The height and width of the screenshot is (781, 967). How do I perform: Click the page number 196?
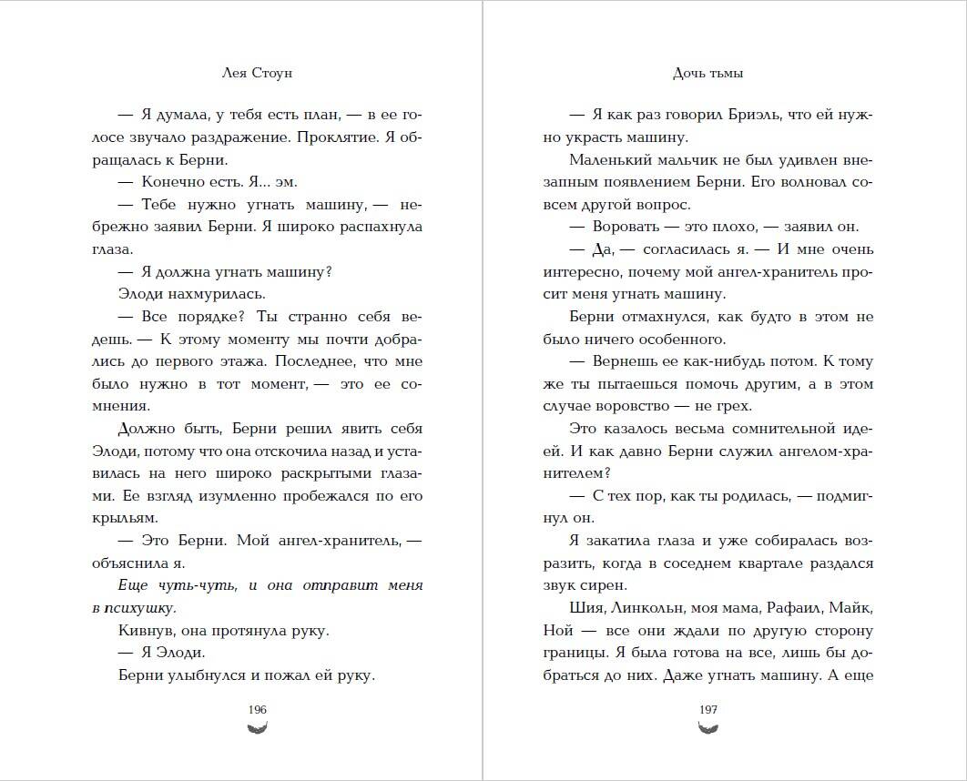click(257, 710)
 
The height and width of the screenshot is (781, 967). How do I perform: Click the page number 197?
click(708, 710)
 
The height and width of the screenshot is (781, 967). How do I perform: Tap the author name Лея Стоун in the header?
click(257, 73)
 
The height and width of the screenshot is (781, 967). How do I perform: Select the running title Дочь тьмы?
click(708, 73)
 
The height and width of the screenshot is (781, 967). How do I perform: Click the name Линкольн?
click(646, 608)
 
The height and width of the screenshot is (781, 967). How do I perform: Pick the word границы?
click(570, 653)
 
